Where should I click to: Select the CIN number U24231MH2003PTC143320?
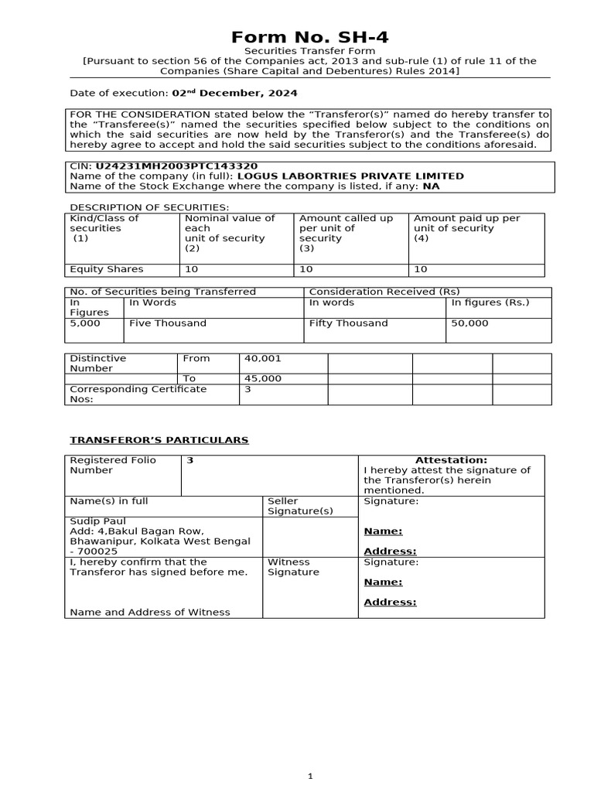tap(176, 166)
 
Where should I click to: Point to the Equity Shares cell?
tap(107, 270)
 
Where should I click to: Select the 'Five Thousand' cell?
tap(168, 323)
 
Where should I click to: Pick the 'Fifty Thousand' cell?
tap(348, 323)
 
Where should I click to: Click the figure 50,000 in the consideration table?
tap(469, 323)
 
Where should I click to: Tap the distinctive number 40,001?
tap(263, 359)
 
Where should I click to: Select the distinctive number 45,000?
tap(263, 379)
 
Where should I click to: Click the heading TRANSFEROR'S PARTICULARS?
tap(159, 440)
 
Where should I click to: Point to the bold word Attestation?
tap(451, 460)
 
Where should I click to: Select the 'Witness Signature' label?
tap(293, 567)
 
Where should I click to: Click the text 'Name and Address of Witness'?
tap(150, 612)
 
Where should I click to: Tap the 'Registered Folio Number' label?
tap(113, 465)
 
